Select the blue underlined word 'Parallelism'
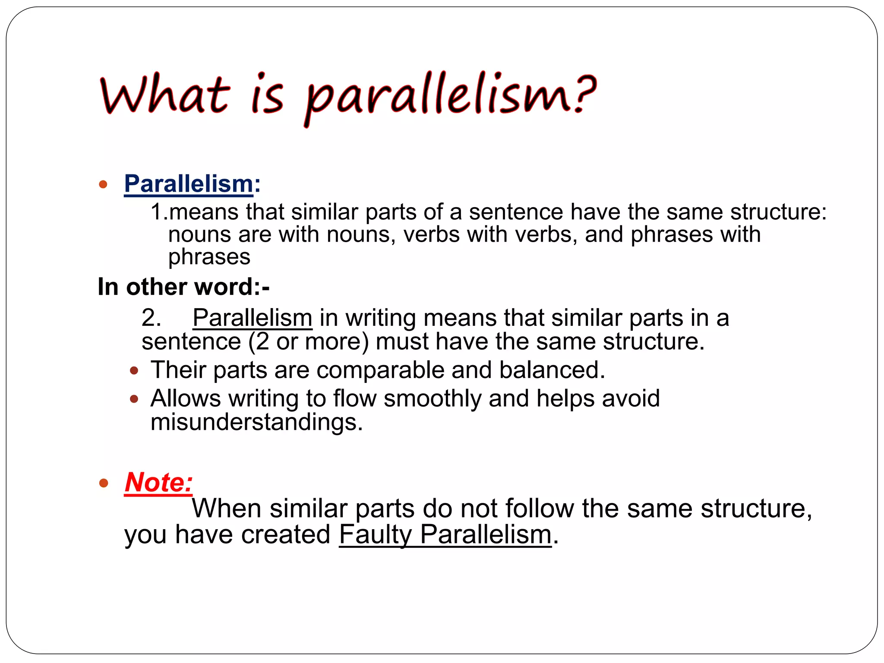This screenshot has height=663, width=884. coord(189,184)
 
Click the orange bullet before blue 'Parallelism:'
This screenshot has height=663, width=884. coord(103,185)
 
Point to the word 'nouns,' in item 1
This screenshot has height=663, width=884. coord(361,235)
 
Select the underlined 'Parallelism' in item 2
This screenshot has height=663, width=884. coord(253,318)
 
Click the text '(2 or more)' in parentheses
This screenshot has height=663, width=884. coord(309,342)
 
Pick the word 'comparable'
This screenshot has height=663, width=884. coord(380,370)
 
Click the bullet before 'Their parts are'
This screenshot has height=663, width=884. coord(134,370)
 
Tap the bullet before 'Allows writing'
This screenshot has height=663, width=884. coord(134,399)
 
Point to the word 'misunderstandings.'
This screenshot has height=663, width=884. coord(256,422)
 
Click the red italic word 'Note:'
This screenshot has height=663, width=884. coord(158,482)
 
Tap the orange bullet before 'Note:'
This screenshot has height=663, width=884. coord(103,483)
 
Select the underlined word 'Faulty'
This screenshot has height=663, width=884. coord(376,535)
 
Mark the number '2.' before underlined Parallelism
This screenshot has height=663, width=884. coord(152,318)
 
